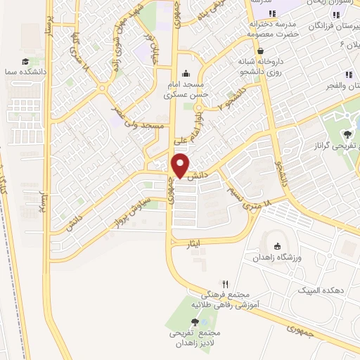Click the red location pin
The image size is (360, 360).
click(181, 166)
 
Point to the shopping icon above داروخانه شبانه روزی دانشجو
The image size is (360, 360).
click(261, 51)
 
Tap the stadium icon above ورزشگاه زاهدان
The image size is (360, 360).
click(276, 245)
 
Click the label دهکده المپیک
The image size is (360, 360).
click(316, 290)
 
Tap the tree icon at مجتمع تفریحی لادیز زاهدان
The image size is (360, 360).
click(195, 321)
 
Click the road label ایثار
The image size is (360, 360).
click(193, 243)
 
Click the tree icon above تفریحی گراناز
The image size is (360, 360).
click(347, 134)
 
